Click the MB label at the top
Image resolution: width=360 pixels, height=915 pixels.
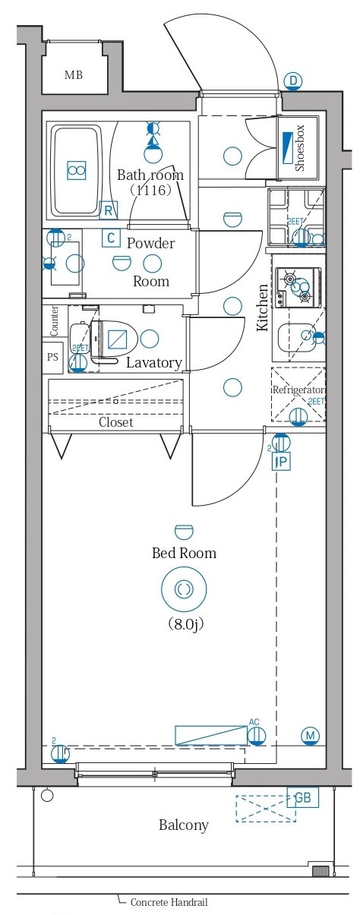click(x=73, y=75)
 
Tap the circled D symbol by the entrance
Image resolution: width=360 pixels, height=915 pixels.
click(x=293, y=81)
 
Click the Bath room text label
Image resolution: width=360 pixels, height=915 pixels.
click(x=150, y=175)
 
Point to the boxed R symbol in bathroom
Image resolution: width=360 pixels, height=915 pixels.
click(x=109, y=210)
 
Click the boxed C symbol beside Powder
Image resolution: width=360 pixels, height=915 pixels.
click(x=111, y=238)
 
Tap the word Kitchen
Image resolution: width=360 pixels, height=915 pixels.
click(x=263, y=308)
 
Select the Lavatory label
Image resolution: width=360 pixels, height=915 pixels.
click(x=153, y=362)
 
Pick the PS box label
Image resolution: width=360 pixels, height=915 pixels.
click(x=52, y=357)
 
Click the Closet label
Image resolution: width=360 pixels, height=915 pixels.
click(x=115, y=421)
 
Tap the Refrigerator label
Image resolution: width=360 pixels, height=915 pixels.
click(x=299, y=390)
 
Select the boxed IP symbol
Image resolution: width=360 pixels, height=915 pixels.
click(x=280, y=462)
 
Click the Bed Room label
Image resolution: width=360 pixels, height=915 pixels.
click(x=184, y=553)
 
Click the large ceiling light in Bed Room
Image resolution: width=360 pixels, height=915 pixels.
click(x=184, y=588)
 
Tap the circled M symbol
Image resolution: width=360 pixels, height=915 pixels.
click(x=309, y=735)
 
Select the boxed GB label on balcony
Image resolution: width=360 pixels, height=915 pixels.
click(x=302, y=797)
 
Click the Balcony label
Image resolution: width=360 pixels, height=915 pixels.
click(x=183, y=825)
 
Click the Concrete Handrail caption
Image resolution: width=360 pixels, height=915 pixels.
click(x=168, y=903)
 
